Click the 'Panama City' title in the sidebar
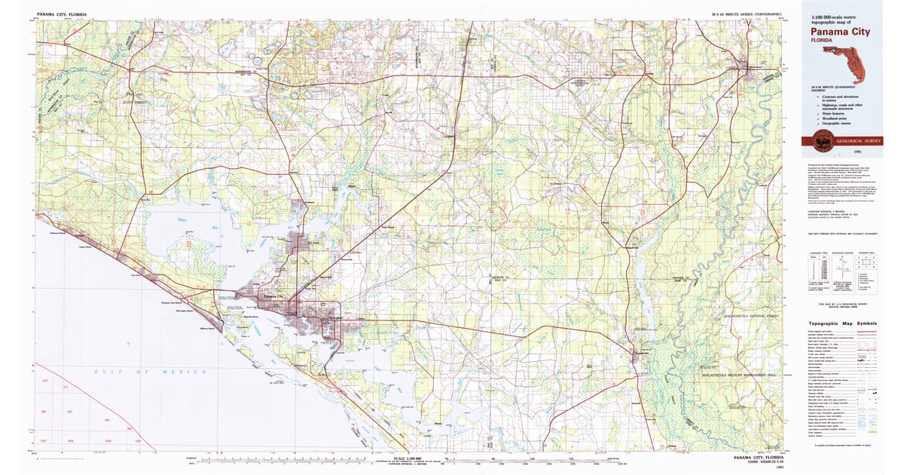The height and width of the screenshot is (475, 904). click(840, 32)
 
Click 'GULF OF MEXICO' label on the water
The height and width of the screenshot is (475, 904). click(151, 372)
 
